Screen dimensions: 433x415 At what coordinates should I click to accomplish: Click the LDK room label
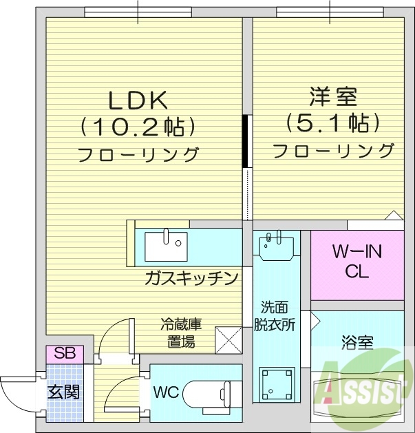coord(138,101)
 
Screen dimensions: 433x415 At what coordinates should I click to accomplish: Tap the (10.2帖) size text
coord(138,127)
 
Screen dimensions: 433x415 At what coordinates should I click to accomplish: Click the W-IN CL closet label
coord(357,262)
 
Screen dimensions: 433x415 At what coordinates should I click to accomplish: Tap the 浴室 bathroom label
coord(357,342)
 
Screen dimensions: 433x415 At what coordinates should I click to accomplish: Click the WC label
coord(166,393)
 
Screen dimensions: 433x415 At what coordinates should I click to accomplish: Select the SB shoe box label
coord(65,355)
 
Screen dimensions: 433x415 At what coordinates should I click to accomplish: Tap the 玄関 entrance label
coord(63,392)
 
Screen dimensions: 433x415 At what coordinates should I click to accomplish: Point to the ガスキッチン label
coord(191,278)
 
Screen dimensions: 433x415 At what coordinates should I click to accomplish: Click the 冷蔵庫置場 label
coord(178,331)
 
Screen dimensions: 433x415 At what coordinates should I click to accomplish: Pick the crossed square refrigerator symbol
coord(228,338)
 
